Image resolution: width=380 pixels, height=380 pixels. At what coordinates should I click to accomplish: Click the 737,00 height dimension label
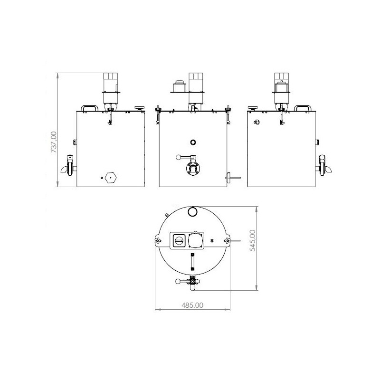(x=54, y=142)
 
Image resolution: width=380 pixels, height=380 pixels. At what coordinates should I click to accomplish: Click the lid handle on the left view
(x=90, y=108)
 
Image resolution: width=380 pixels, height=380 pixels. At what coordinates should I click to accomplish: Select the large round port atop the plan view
(x=193, y=210)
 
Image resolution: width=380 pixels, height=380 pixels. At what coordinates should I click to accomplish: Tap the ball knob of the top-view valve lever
(x=178, y=281)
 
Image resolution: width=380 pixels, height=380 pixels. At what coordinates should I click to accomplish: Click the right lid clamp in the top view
(x=228, y=242)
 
